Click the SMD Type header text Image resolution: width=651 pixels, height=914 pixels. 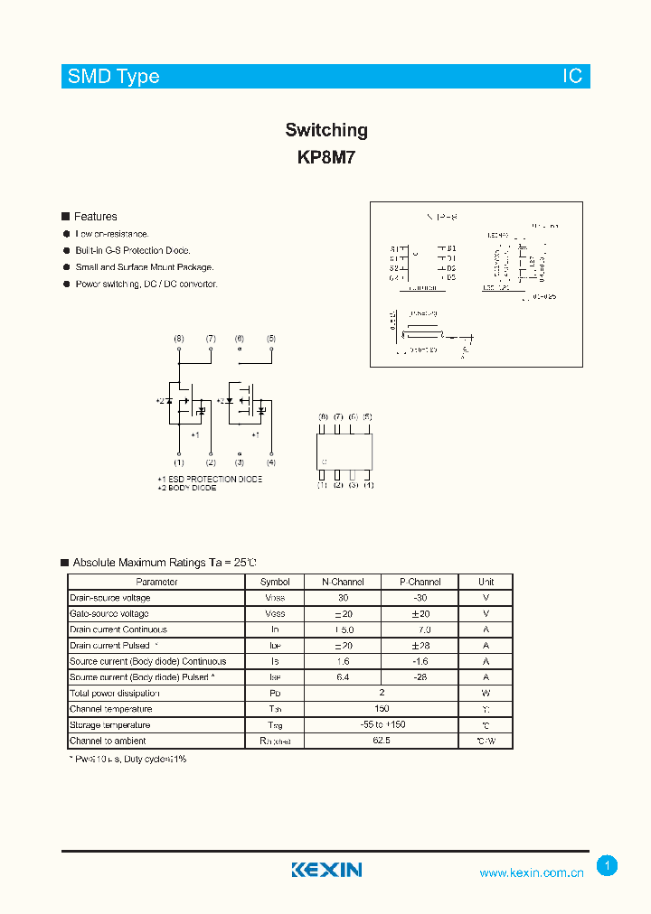[x=114, y=77]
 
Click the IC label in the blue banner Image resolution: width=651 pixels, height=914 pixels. [x=573, y=77]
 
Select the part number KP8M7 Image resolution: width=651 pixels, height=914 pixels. [x=326, y=156]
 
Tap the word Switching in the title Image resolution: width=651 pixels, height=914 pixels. [x=326, y=130]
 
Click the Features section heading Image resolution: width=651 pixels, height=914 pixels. [x=95, y=217]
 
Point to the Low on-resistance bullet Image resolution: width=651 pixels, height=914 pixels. [x=112, y=234]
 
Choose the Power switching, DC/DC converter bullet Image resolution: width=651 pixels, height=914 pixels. [x=146, y=284]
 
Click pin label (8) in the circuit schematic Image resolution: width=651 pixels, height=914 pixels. [x=179, y=339]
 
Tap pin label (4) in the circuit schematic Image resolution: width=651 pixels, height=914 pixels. [x=270, y=462]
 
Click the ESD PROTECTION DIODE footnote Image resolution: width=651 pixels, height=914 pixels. [x=210, y=479]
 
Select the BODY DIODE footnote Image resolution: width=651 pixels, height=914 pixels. [x=187, y=488]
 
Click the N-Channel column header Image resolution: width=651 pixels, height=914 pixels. [x=343, y=583]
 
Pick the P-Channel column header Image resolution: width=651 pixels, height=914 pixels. [x=420, y=583]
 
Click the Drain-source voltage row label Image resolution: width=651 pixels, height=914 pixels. [x=110, y=598]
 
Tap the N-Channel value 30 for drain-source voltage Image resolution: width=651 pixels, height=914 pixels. [x=343, y=598]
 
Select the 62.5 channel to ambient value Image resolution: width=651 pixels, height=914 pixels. [x=381, y=741]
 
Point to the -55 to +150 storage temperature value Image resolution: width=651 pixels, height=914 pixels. [x=381, y=725]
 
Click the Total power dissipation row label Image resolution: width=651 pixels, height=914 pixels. [x=115, y=694]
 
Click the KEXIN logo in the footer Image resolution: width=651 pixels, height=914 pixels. [x=326, y=870]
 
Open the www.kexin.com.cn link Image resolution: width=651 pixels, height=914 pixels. [x=532, y=872]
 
